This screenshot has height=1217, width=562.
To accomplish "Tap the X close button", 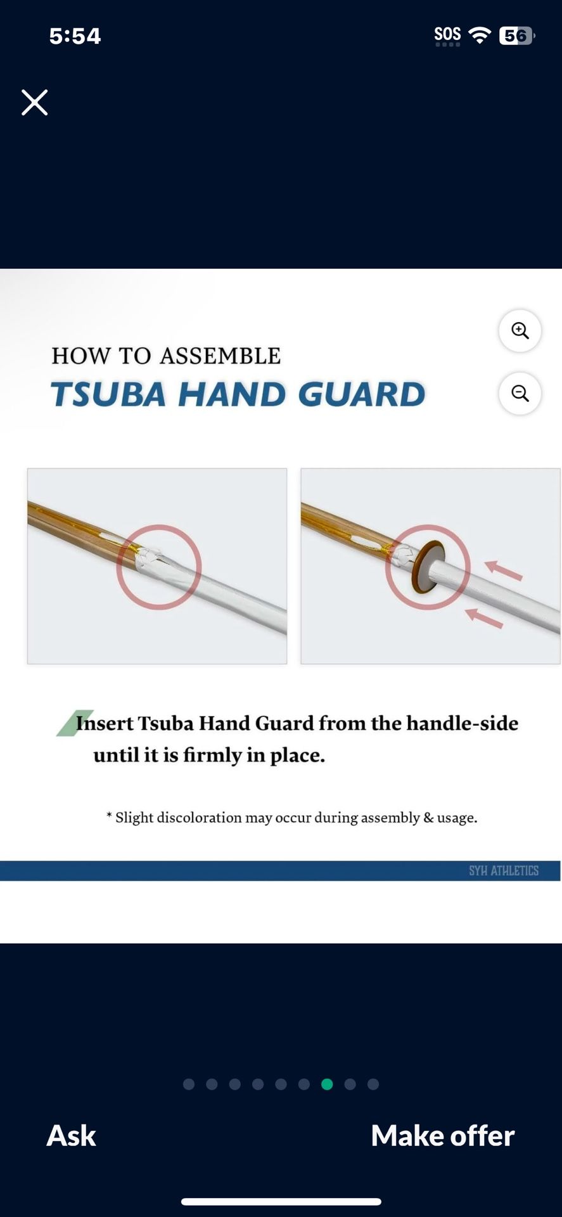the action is coord(34,102).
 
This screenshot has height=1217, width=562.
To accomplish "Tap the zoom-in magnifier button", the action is coord(520,330).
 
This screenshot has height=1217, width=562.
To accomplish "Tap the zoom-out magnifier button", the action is coord(520,393).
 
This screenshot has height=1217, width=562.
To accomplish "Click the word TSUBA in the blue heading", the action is coord(108,394).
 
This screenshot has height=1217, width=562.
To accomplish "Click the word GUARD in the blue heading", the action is coord(361,394).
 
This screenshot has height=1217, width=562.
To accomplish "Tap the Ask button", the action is coord(71,1135).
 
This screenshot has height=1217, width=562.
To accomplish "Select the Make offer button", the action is coord(443,1135).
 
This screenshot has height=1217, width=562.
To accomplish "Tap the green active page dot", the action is coord(327,1084).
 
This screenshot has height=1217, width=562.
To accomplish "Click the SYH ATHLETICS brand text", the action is coord(504,871).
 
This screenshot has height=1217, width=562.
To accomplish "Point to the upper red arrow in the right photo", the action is coord(503,570).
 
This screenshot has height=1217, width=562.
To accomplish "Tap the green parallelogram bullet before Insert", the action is coord(74,723).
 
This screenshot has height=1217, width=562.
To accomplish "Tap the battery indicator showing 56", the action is coord(516,36).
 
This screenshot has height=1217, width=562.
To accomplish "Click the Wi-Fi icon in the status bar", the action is coord(480,35).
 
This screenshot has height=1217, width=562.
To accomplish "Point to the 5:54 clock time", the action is coord(75,36).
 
